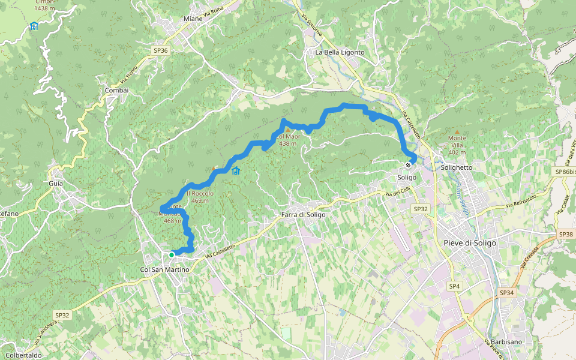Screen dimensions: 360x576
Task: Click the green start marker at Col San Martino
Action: tap(172, 255)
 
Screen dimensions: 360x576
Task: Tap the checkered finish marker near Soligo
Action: tap(408, 165)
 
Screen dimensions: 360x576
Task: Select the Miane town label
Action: tap(193, 19)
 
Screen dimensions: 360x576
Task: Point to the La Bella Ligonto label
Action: tap(340, 52)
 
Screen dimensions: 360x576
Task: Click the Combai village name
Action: tap(116, 90)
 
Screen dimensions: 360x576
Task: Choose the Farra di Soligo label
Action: tap(303, 215)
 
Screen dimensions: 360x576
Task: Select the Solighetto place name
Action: tap(457, 168)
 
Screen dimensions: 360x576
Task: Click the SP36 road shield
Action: tap(161, 51)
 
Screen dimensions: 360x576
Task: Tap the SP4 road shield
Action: tap(454, 287)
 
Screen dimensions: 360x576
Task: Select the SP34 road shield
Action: tap(507, 293)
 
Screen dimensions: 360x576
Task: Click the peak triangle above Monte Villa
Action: tap(457, 131)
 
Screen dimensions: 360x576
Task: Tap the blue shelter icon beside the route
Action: tap(236, 171)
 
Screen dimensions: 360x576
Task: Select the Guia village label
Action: tap(56, 183)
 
